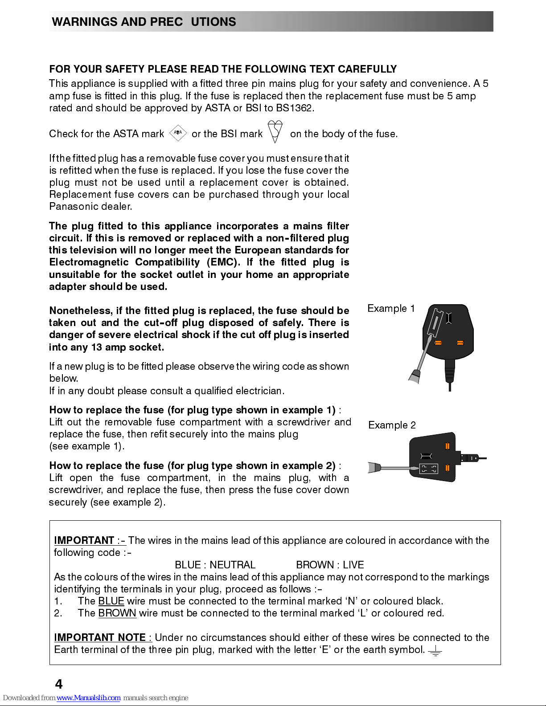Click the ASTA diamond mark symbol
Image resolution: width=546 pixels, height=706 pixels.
point(178,133)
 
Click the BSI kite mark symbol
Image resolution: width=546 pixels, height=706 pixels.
point(275,131)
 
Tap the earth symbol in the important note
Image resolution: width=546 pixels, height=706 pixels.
point(435,651)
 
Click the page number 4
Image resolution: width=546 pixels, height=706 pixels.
point(58,684)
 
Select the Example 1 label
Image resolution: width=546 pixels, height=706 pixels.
point(391,309)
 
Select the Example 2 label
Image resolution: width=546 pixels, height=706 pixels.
point(392,425)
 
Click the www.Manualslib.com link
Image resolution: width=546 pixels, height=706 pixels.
point(88,698)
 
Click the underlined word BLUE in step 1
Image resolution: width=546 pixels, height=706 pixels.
point(111,601)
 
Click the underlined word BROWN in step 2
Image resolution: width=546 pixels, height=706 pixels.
point(117,613)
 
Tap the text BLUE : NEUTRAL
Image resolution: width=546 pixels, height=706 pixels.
point(215,565)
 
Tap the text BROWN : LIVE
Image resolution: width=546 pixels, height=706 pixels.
point(330,565)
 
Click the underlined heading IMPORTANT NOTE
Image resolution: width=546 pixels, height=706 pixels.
point(103,637)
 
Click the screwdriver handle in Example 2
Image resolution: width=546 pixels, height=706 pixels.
point(374,468)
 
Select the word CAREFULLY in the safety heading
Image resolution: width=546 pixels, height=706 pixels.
point(367,69)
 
